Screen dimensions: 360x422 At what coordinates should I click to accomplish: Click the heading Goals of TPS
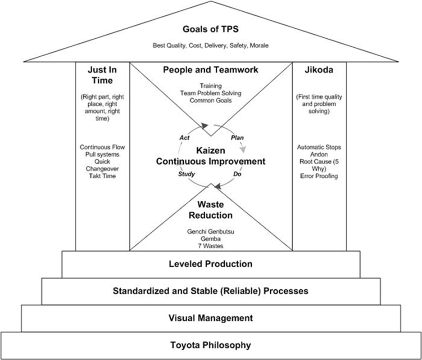click(210, 30)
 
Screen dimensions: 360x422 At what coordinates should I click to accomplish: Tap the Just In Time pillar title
click(102, 75)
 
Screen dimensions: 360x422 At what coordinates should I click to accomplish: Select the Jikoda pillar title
click(319, 70)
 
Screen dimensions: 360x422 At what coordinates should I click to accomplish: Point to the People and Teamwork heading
click(210, 70)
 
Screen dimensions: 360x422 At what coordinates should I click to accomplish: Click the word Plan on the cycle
click(237, 137)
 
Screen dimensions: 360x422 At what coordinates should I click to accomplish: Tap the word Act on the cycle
click(184, 137)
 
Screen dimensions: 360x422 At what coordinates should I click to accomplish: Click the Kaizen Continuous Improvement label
click(210, 156)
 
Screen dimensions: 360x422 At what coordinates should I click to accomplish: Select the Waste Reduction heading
click(210, 210)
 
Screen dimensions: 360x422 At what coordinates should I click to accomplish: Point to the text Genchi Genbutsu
click(210, 231)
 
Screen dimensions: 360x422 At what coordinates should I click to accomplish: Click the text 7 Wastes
click(210, 246)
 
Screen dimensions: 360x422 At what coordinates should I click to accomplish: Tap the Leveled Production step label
click(210, 264)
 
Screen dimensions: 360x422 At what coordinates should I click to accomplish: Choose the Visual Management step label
click(210, 318)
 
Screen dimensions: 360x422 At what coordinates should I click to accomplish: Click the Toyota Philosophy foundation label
click(210, 345)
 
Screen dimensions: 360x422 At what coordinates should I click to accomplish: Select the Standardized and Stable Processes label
click(210, 291)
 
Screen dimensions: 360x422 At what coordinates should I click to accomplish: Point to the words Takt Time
click(102, 176)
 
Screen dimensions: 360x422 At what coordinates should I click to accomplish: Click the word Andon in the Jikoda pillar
click(319, 154)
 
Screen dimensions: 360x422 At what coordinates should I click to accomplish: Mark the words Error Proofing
click(319, 176)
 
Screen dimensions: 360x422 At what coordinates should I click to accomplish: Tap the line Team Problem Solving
click(210, 93)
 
